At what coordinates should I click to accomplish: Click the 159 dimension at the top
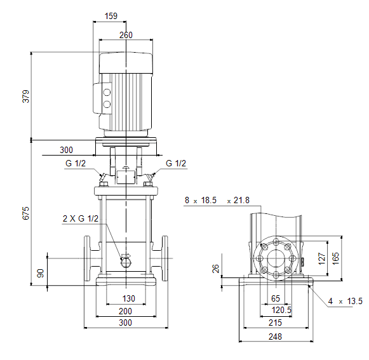[111, 16]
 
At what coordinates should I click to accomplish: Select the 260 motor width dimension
[126, 35]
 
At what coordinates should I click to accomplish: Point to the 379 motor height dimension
[26, 97]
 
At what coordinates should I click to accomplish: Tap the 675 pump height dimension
[26, 213]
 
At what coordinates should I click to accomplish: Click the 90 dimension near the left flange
[41, 273]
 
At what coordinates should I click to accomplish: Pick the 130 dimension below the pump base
[128, 298]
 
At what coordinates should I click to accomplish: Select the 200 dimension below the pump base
[125, 311]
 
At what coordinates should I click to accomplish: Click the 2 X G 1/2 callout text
[81, 218]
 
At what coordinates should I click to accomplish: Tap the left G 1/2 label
[76, 163]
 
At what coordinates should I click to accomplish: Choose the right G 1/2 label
[176, 163]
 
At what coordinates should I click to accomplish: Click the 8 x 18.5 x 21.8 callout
[217, 200]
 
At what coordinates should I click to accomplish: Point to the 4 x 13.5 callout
[346, 301]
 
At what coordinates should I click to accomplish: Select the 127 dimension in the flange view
[322, 259]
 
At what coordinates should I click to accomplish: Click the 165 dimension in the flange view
[335, 258]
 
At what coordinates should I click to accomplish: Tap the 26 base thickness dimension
[215, 269]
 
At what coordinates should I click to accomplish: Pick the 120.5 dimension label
[281, 310]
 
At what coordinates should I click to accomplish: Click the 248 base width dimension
[275, 337]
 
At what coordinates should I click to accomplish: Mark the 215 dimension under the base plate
[275, 323]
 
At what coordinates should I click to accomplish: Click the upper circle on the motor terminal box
[107, 92]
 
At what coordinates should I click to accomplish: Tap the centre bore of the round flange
[276, 258]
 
